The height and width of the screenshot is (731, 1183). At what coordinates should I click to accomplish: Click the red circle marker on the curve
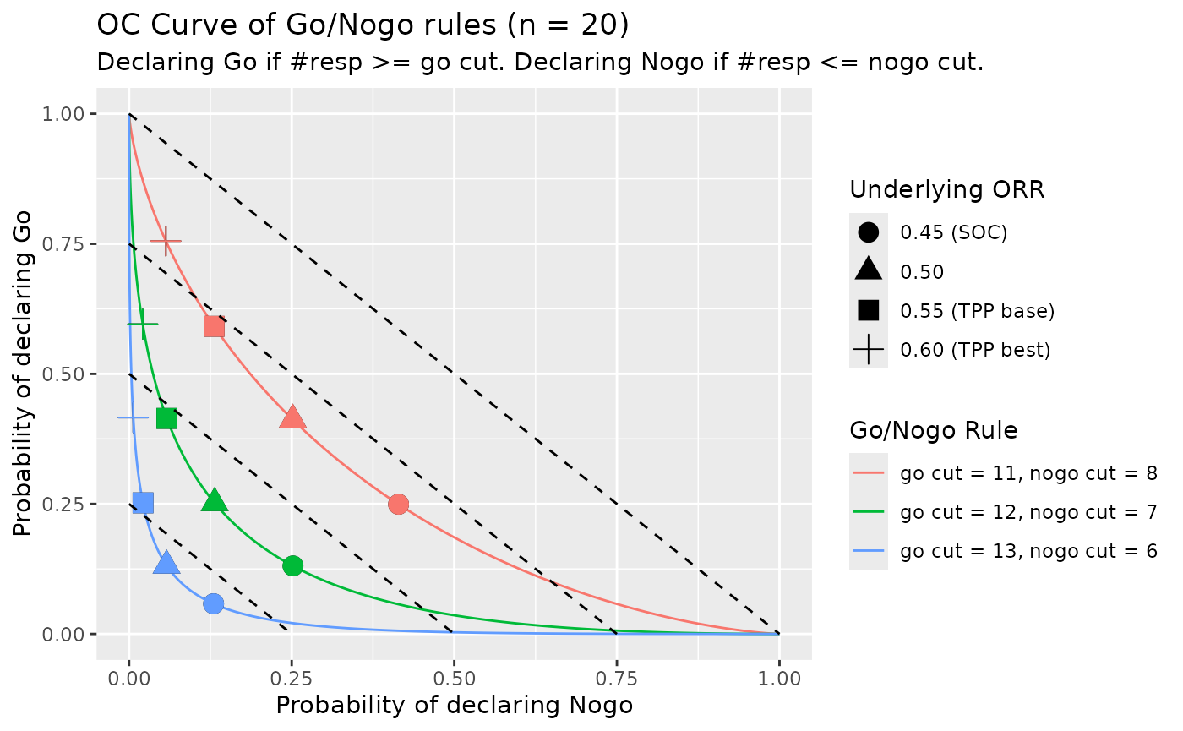point(398,504)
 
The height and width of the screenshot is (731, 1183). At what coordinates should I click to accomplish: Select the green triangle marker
point(215,501)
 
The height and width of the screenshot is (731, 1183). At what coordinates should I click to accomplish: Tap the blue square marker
point(143,503)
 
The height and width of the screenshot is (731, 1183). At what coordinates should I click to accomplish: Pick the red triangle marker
point(292,417)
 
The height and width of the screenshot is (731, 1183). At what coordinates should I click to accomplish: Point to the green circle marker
point(292,565)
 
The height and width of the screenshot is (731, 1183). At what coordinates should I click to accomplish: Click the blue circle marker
point(213,603)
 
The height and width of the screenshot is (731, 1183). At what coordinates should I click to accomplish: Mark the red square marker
point(214,326)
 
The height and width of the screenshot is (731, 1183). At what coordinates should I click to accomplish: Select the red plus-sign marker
point(166,241)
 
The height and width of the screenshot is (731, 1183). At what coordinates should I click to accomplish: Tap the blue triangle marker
point(166,563)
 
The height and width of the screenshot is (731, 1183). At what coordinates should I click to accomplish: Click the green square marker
point(166,418)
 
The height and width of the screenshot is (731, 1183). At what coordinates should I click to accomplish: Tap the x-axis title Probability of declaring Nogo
point(454,705)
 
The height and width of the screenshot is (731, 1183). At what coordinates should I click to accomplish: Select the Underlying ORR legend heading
point(947,190)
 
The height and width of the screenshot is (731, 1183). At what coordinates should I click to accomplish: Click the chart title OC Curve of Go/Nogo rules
point(363,25)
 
